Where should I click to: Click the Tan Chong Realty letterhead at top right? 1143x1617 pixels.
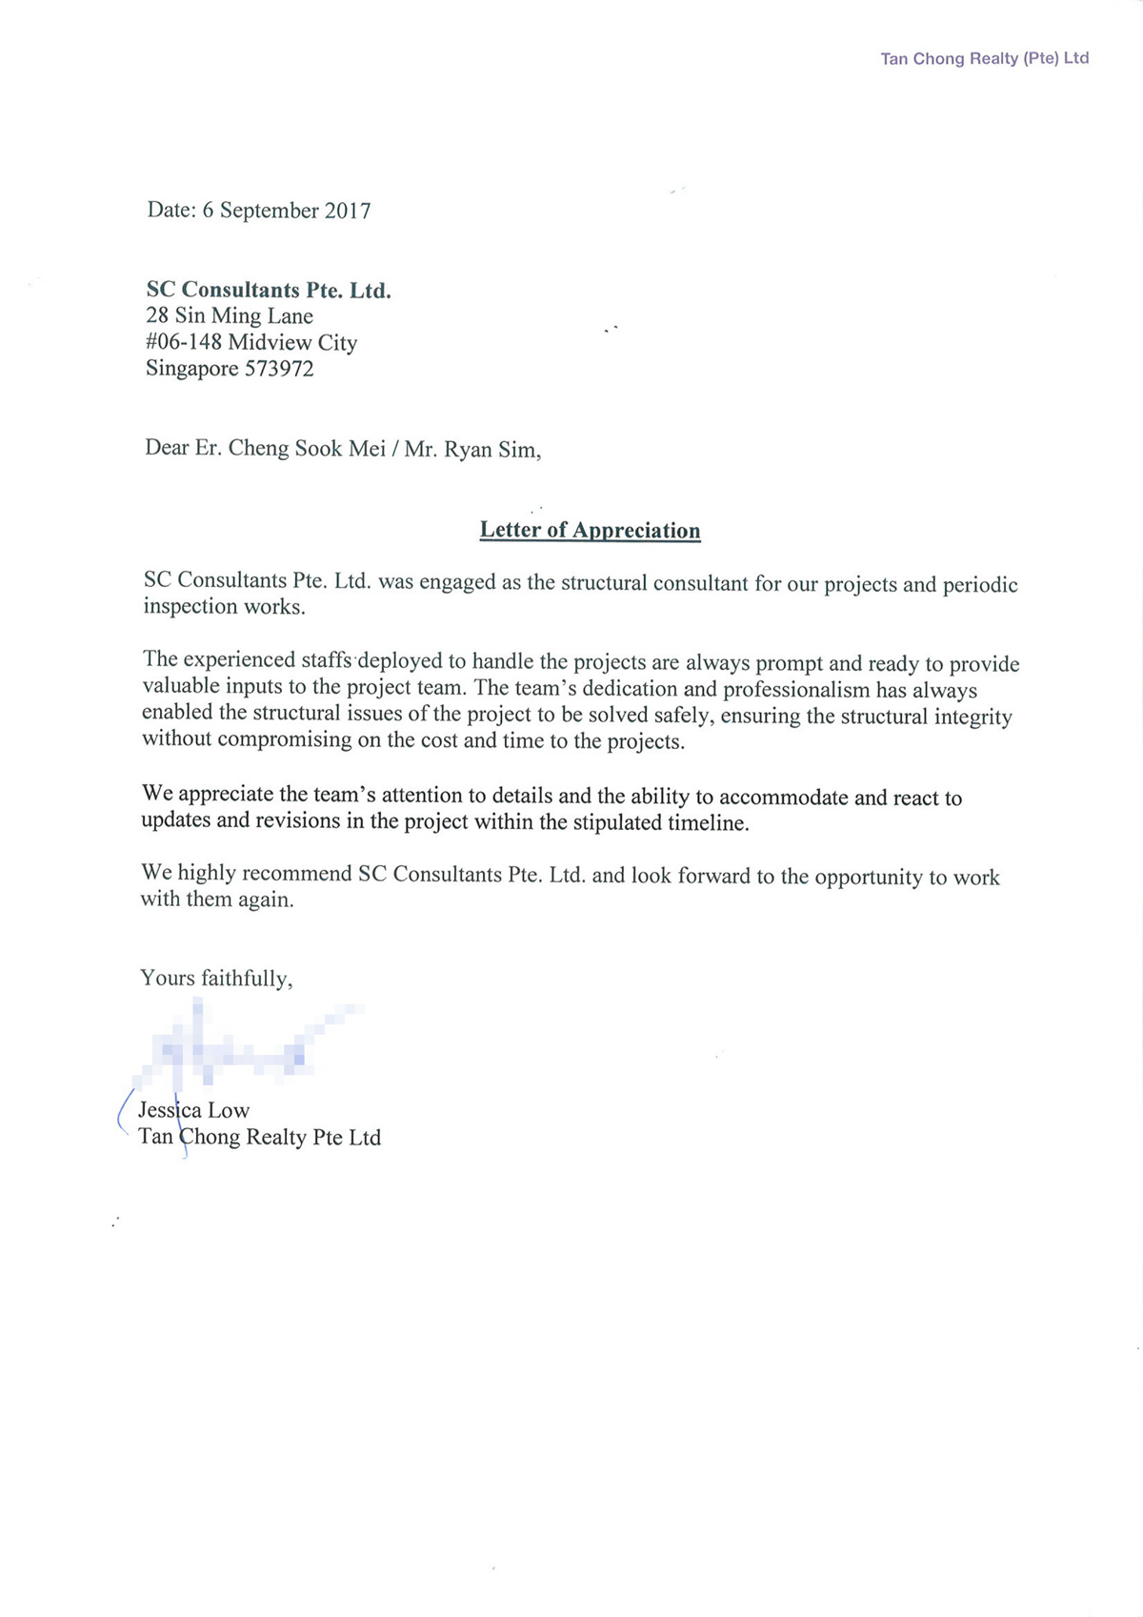pyautogui.click(x=984, y=59)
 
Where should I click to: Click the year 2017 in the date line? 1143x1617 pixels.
pyautogui.click(x=348, y=211)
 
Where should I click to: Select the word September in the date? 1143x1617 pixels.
pyautogui.click(x=270, y=211)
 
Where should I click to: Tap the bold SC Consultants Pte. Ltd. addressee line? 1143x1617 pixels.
pyautogui.click(x=269, y=290)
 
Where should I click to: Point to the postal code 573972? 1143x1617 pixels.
pyautogui.click(x=279, y=369)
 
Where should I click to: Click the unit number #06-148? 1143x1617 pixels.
pyautogui.click(x=184, y=342)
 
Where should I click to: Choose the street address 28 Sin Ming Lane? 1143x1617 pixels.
pyautogui.click(x=230, y=316)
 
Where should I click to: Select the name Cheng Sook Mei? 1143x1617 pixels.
pyautogui.click(x=306, y=448)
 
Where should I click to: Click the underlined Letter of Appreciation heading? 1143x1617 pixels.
pyautogui.click(x=590, y=531)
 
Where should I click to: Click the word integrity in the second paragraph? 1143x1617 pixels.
pyautogui.click(x=973, y=717)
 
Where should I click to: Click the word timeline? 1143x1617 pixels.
pyautogui.click(x=707, y=823)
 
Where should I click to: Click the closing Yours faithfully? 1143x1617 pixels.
pyautogui.click(x=216, y=979)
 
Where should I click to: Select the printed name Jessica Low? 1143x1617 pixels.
pyautogui.click(x=194, y=1111)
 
